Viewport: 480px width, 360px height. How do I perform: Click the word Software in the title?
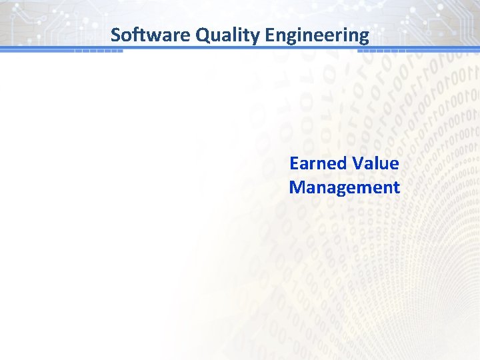coord(151,35)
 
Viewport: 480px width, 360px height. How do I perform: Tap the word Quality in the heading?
coord(227,35)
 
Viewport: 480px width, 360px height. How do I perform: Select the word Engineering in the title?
coord(317,35)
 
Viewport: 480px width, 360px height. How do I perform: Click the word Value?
coord(375,163)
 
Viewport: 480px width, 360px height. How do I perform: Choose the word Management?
coord(344,187)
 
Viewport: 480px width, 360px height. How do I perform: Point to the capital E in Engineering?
coord(269,35)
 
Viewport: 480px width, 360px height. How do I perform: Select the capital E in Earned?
coord(294,163)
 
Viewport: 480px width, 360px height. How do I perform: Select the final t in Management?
coord(396,187)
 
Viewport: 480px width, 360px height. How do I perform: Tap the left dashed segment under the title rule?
coord(99,51)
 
